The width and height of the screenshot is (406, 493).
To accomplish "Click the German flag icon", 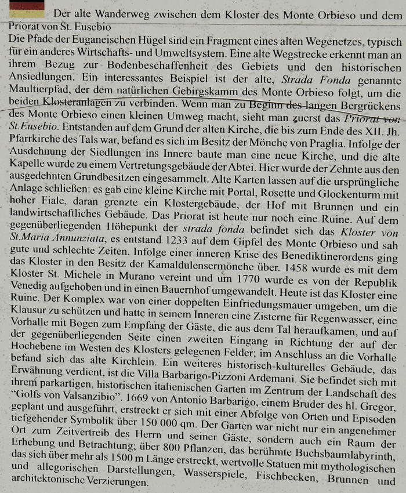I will click(x=27, y=9).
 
